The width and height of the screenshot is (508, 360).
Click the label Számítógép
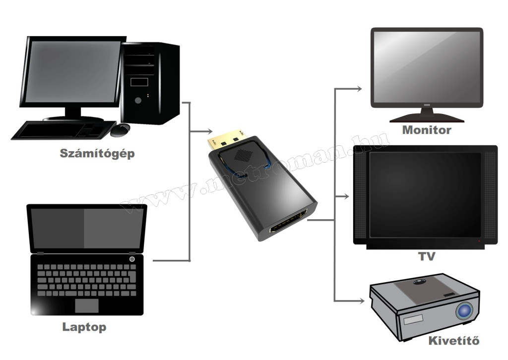(97, 153)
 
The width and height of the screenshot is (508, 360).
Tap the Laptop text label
(84, 327)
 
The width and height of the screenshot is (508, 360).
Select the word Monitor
(427, 130)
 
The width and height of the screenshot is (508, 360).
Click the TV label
(427, 256)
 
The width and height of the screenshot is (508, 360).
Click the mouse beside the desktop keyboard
(120, 130)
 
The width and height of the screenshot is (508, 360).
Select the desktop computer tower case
(150, 83)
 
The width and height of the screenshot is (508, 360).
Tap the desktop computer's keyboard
(59, 130)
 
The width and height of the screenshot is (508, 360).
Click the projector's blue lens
(464, 310)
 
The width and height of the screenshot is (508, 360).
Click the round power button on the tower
(138, 100)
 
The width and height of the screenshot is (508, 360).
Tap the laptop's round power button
(132, 259)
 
